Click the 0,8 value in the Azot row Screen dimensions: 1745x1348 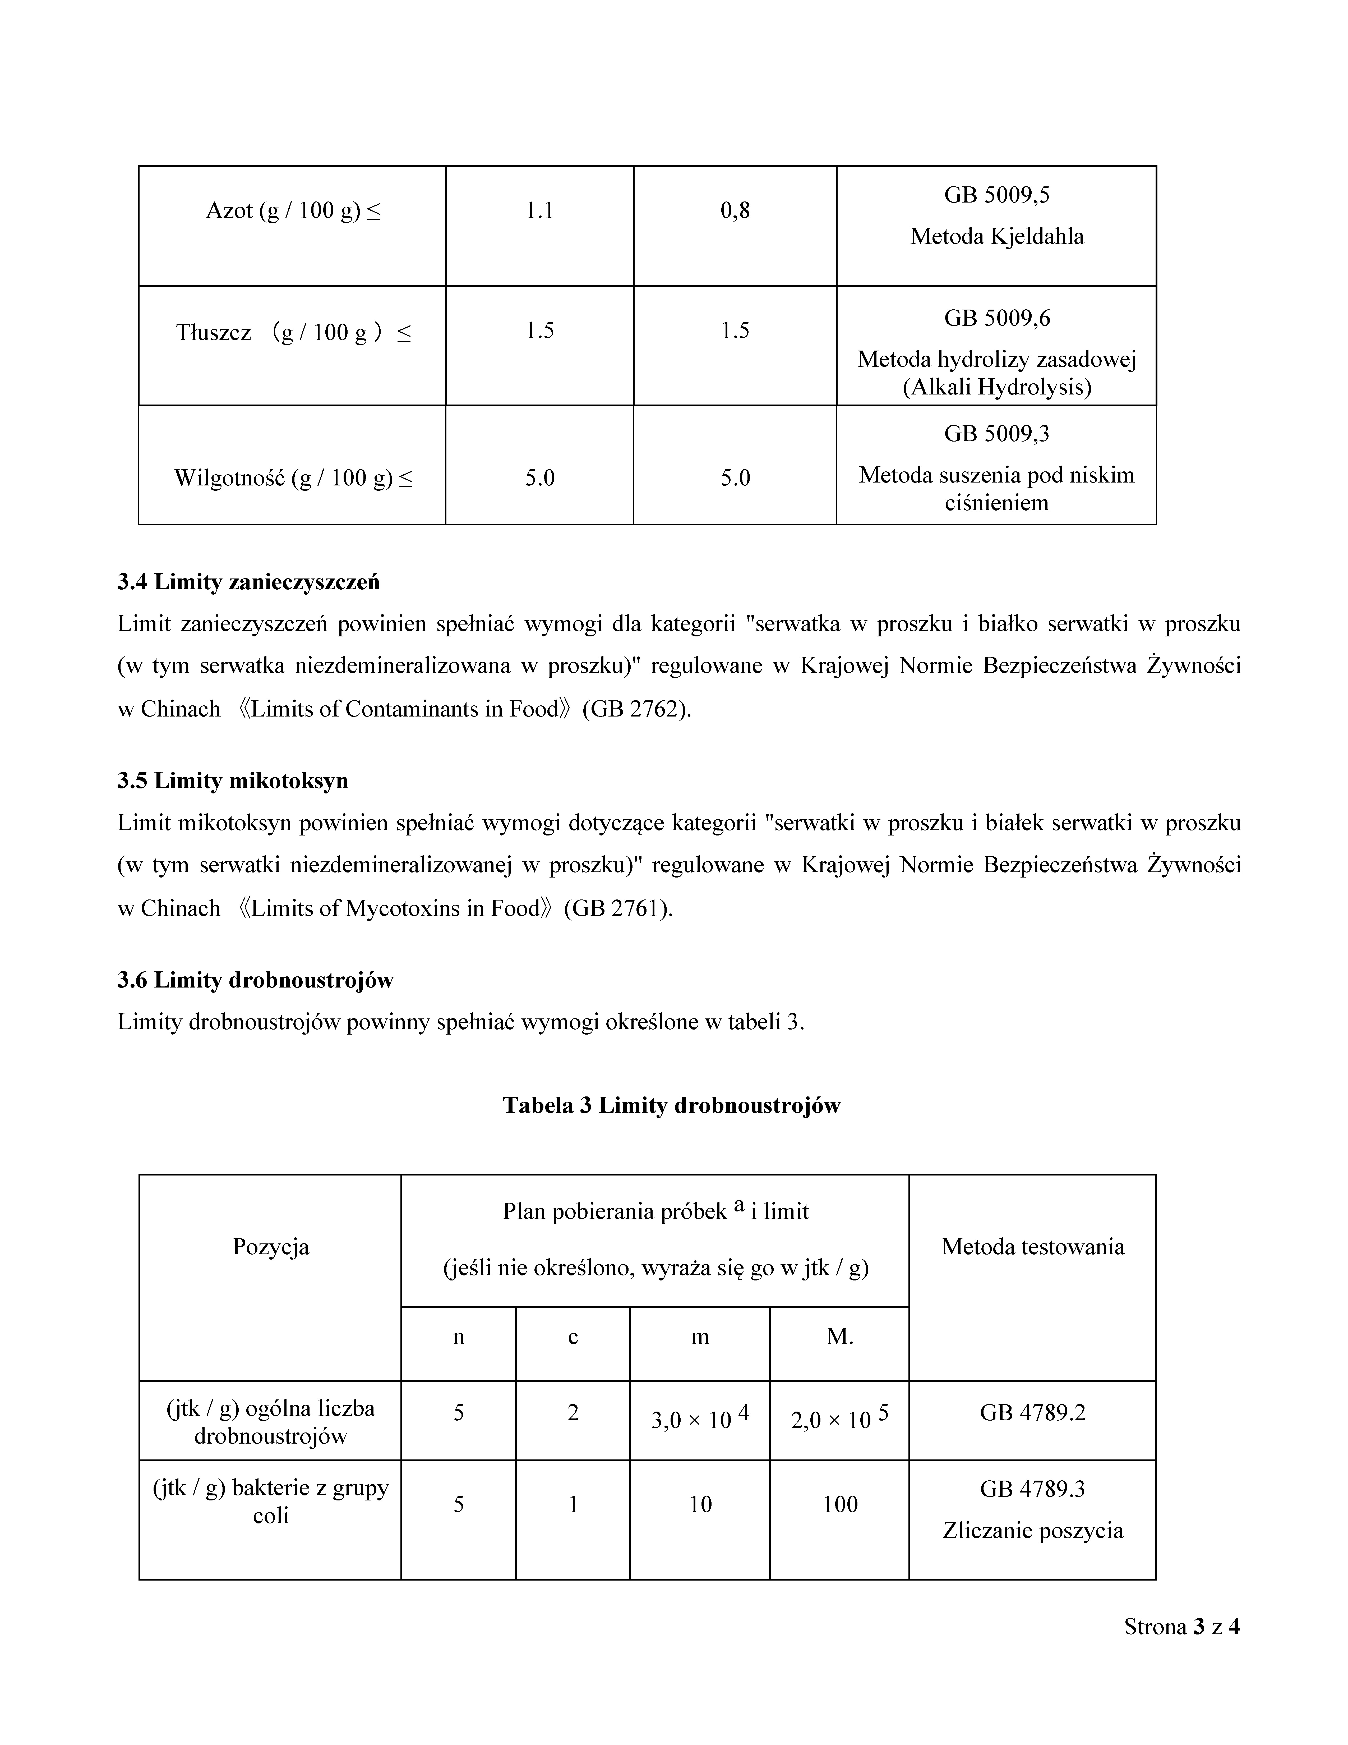click(x=735, y=211)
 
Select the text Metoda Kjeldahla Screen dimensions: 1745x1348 click(x=997, y=237)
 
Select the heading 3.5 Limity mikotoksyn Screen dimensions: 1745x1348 click(x=232, y=780)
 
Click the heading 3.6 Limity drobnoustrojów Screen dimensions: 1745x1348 click(x=256, y=980)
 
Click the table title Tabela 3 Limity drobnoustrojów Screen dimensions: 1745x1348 click(x=672, y=1106)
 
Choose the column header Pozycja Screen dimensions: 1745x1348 click(x=271, y=1247)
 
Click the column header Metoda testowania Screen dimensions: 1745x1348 click(x=1033, y=1247)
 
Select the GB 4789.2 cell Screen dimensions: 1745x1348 click(x=1033, y=1413)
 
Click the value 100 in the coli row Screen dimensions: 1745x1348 click(x=839, y=1504)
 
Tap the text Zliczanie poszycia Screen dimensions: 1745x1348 click(x=1033, y=1531)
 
